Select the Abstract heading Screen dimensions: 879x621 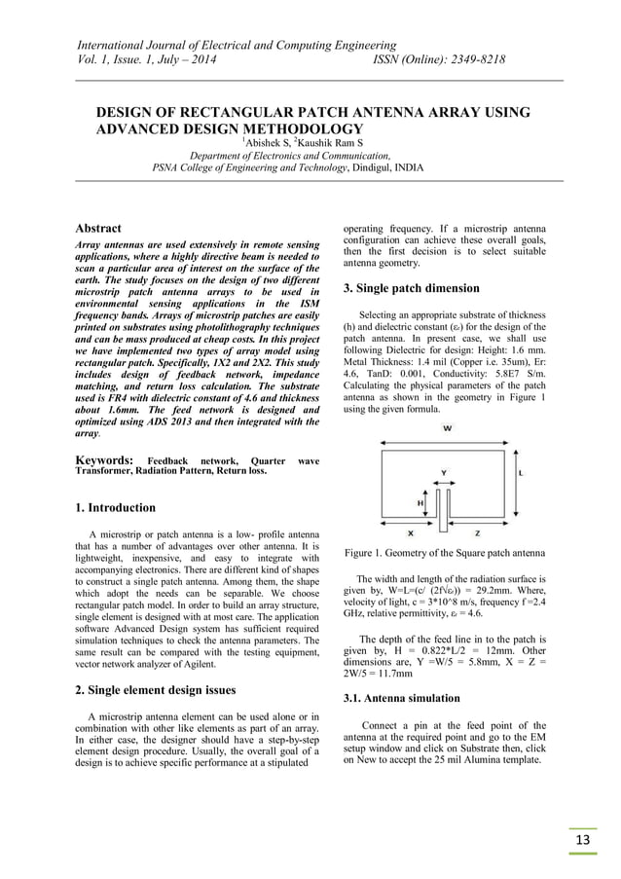pyautogui.click(x=98, y=228)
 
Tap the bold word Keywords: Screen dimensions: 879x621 pyautogui.click(x=103, y=459)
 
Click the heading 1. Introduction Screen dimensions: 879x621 pyautogui.click(x=115, y=507)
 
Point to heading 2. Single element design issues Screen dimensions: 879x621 pyautogui.click(x=156, y=690)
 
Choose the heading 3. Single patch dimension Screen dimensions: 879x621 pyautogui.click(x=411, y=288)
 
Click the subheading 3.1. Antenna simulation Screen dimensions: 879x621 pyautogui.click(x=401, y=699)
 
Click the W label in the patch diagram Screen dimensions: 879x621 pyautogui.click(x=446, y=428)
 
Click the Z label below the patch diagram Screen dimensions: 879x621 pyautogui.click(x=477, y=533)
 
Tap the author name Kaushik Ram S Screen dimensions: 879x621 pyautogui.click(x=331, y=143)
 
